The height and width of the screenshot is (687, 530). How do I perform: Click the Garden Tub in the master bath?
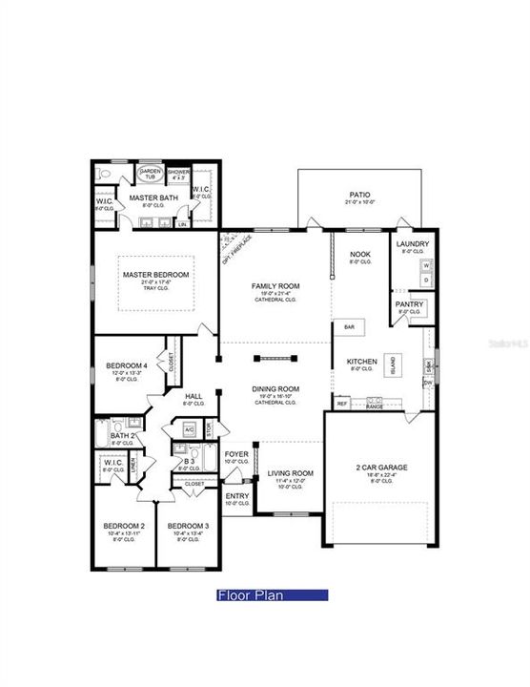coord(151,175)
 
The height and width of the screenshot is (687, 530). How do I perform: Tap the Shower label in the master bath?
coord(179,175)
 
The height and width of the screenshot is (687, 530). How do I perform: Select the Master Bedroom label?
coord(156,275)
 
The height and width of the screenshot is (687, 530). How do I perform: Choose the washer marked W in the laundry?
coord(425,267)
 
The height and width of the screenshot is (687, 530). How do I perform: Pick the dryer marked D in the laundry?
coord(425,281)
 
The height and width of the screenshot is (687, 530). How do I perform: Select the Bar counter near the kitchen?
coord(349,327)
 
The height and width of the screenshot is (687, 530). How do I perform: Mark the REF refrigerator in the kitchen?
coord(342,404)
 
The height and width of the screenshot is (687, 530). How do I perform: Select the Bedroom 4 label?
coord(126,365)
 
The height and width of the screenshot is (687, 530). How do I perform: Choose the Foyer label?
coord(235,454)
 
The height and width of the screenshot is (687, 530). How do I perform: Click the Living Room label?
coord(289,473)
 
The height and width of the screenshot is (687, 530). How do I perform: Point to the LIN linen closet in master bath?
coord(182,225)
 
